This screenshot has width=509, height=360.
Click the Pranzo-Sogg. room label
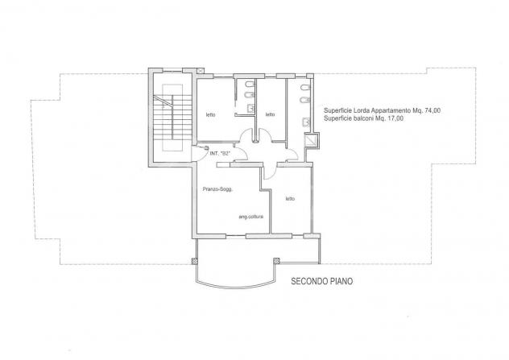tap(217, 189)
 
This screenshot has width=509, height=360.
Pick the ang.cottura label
tap(251, 217)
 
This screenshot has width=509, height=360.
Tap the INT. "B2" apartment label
tap(220, 154)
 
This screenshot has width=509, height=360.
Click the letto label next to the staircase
tap(211, 114)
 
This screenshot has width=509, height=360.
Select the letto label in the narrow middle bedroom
tap(270, 114)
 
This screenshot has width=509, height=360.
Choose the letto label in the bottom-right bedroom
tap(290, 199)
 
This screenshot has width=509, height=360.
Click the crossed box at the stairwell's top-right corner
tap(201, 70)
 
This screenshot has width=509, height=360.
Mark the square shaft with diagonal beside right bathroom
tap(311, 140)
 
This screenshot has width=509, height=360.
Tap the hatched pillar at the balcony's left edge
tap(195, 261)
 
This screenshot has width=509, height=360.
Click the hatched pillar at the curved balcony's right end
tap(276, 260)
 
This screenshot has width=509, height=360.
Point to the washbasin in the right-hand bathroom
tap(306, 122)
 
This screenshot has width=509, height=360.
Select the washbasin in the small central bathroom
tap(251, 108)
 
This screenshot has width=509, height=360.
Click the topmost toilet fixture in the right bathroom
tap(306, 88)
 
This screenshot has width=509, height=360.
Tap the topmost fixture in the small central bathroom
tap(250, 85)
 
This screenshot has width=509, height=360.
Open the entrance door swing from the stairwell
tap(199, 153)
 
